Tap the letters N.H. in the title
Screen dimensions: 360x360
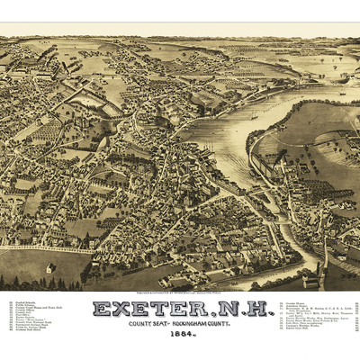(236, 310)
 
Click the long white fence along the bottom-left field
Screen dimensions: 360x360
(45, 249)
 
